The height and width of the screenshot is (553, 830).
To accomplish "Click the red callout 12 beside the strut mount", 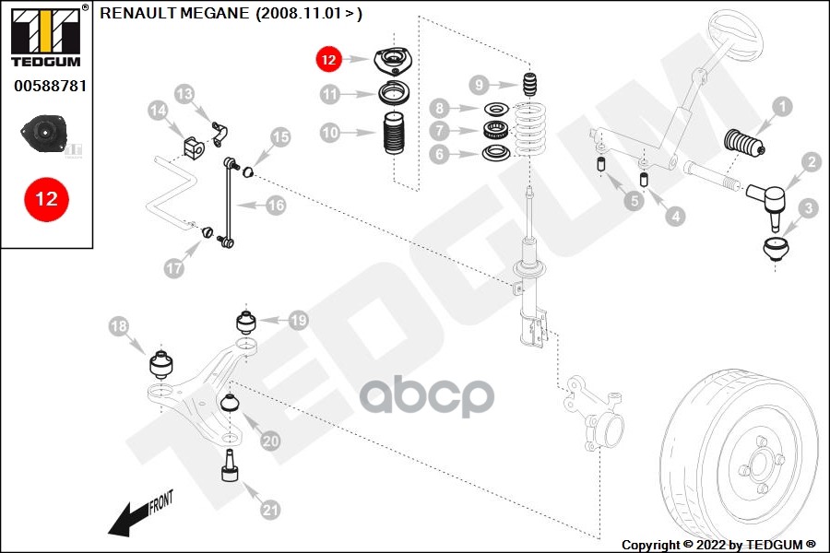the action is (x=328, y=59).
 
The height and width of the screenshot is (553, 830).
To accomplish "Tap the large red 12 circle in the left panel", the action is (x=47, y=199).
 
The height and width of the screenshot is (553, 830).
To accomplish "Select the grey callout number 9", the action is (x=479, y=85).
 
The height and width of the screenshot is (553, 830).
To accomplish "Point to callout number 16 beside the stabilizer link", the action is (x=276, y=206).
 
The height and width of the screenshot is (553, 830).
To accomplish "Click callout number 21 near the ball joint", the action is (x=270, y=510).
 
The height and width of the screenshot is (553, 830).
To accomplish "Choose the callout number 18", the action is (x=119, y=326).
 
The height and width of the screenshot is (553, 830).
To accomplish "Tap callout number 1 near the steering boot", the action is (x=782, y=107).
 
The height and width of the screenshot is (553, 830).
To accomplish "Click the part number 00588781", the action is (x=51, y=86).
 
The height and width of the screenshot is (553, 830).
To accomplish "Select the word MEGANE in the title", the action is (x=214, y=13).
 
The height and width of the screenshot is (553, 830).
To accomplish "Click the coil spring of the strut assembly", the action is (x=530, y=130).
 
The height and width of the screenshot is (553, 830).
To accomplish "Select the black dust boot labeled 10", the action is (x=394, y=133).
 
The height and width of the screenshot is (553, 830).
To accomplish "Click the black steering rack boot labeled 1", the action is (x=743, y=144).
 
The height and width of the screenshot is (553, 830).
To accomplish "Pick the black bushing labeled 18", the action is (x=161, y=364).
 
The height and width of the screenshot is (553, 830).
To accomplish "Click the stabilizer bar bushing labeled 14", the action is (x=194, y=147).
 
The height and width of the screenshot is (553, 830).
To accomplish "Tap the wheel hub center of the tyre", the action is (x=760, y=465).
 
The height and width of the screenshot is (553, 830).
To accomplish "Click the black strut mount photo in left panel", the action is (x=43, y=134).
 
